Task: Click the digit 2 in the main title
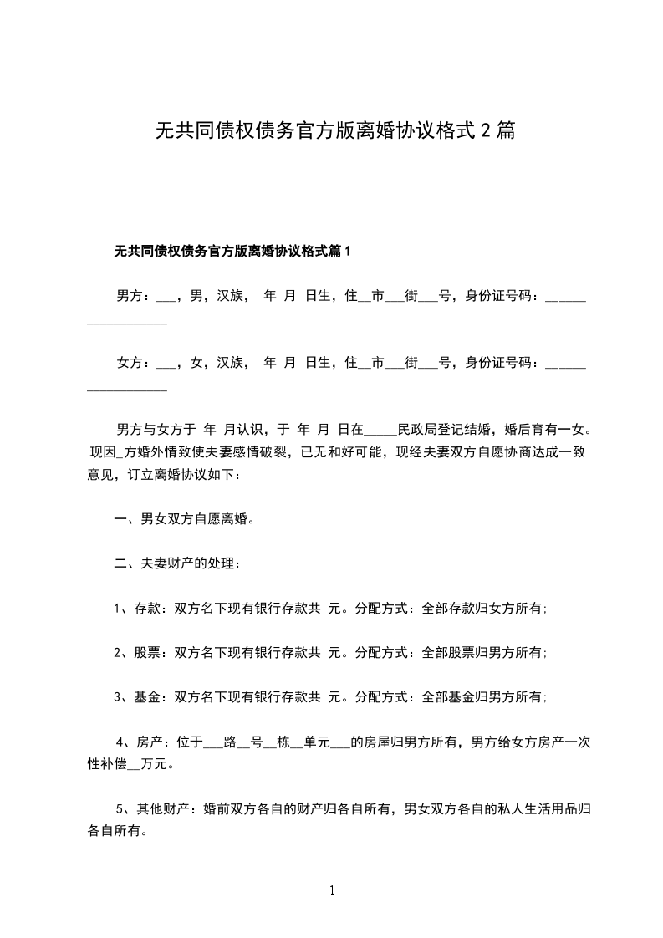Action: pos(484,130)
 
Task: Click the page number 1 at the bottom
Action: pos(332,891)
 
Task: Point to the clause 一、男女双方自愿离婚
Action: pos(184,520)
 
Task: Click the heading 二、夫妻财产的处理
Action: pos(178,564)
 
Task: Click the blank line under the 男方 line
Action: pos(127,323)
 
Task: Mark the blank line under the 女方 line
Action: pos(127,390)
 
